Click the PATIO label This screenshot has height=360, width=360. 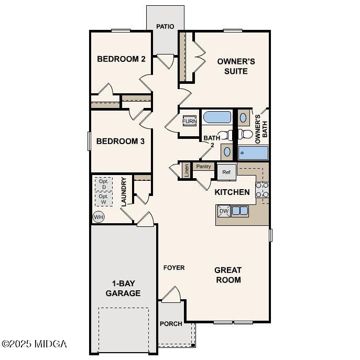click(165, 27)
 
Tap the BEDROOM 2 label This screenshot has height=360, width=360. click(121, 59)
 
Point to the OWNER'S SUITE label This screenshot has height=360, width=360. click(236, 66)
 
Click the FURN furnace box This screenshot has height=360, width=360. click(189, 122)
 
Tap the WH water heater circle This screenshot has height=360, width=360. click(98, 216)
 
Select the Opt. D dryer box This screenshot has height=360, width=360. click(104, 184)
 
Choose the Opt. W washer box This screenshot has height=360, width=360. click(104, 199)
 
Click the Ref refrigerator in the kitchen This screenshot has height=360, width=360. click(226, 172)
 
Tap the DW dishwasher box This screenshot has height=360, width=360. click(224, 211)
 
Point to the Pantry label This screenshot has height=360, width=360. click(203, 167)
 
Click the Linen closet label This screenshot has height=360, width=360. click(186, 170)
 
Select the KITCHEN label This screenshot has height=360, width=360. click(232, 192)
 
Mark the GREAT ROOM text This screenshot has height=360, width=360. click(228, 275)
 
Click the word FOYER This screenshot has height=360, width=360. click(174, 268)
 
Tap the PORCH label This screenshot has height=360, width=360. click(171, 324)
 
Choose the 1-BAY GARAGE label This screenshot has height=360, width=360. click(123, 288)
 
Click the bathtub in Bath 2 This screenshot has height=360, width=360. click(217, 117)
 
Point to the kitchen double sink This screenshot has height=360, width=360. click(240, 211)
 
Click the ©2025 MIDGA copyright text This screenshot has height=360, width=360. click(34, 344)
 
